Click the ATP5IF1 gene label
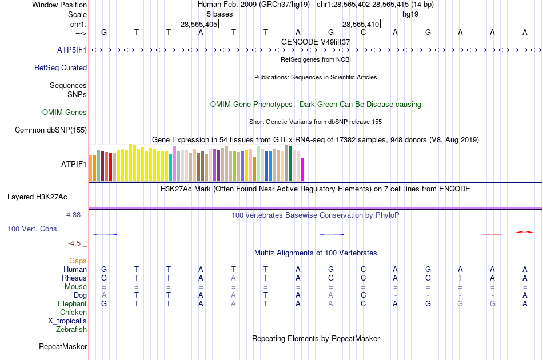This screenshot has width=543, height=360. (x=72, y=50)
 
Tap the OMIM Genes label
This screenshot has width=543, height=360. (x=65, y=112)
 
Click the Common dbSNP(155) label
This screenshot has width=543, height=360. (x=51, y=130)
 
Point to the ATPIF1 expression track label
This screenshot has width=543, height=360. (x=74, y=164)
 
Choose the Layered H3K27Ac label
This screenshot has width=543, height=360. (x=37, y=197)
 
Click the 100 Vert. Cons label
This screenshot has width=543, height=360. (x=32, y=229)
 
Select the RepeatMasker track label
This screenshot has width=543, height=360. (x=63, y=346)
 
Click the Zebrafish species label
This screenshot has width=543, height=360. (x=71, y=329)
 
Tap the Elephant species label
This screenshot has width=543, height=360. (x=72, y=304)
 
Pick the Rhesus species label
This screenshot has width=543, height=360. (x=74, y=278)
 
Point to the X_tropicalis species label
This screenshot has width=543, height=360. (x=67, y=321)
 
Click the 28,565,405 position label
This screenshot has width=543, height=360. (x=199, y=25)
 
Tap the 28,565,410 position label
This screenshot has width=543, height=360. (x=361, y=25)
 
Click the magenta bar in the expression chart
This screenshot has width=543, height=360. (x=303, y=170)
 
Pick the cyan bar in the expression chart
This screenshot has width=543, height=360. (x=171, y=167)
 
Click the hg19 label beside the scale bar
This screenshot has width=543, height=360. (x=410, y=14)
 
